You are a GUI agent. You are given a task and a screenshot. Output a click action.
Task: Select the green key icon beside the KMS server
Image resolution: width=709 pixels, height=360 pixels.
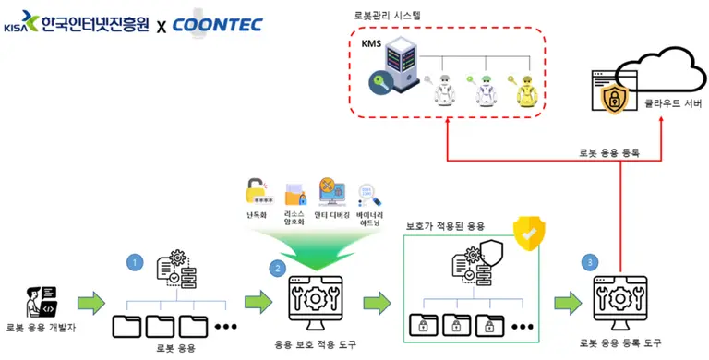[x=380, y=86]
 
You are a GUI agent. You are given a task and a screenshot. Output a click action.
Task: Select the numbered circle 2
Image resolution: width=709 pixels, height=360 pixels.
[x=275, y=269]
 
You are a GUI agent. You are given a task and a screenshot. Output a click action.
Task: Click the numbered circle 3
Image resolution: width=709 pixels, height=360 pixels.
[x=591, y=262]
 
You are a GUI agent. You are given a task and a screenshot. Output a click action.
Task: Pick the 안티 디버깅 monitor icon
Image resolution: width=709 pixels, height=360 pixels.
[x=330, y=190]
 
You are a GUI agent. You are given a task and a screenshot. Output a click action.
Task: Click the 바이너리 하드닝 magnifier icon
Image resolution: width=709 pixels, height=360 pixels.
[x=369, y=193]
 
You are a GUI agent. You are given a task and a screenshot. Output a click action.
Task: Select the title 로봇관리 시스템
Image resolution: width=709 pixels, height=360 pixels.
[x=389, y=16]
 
